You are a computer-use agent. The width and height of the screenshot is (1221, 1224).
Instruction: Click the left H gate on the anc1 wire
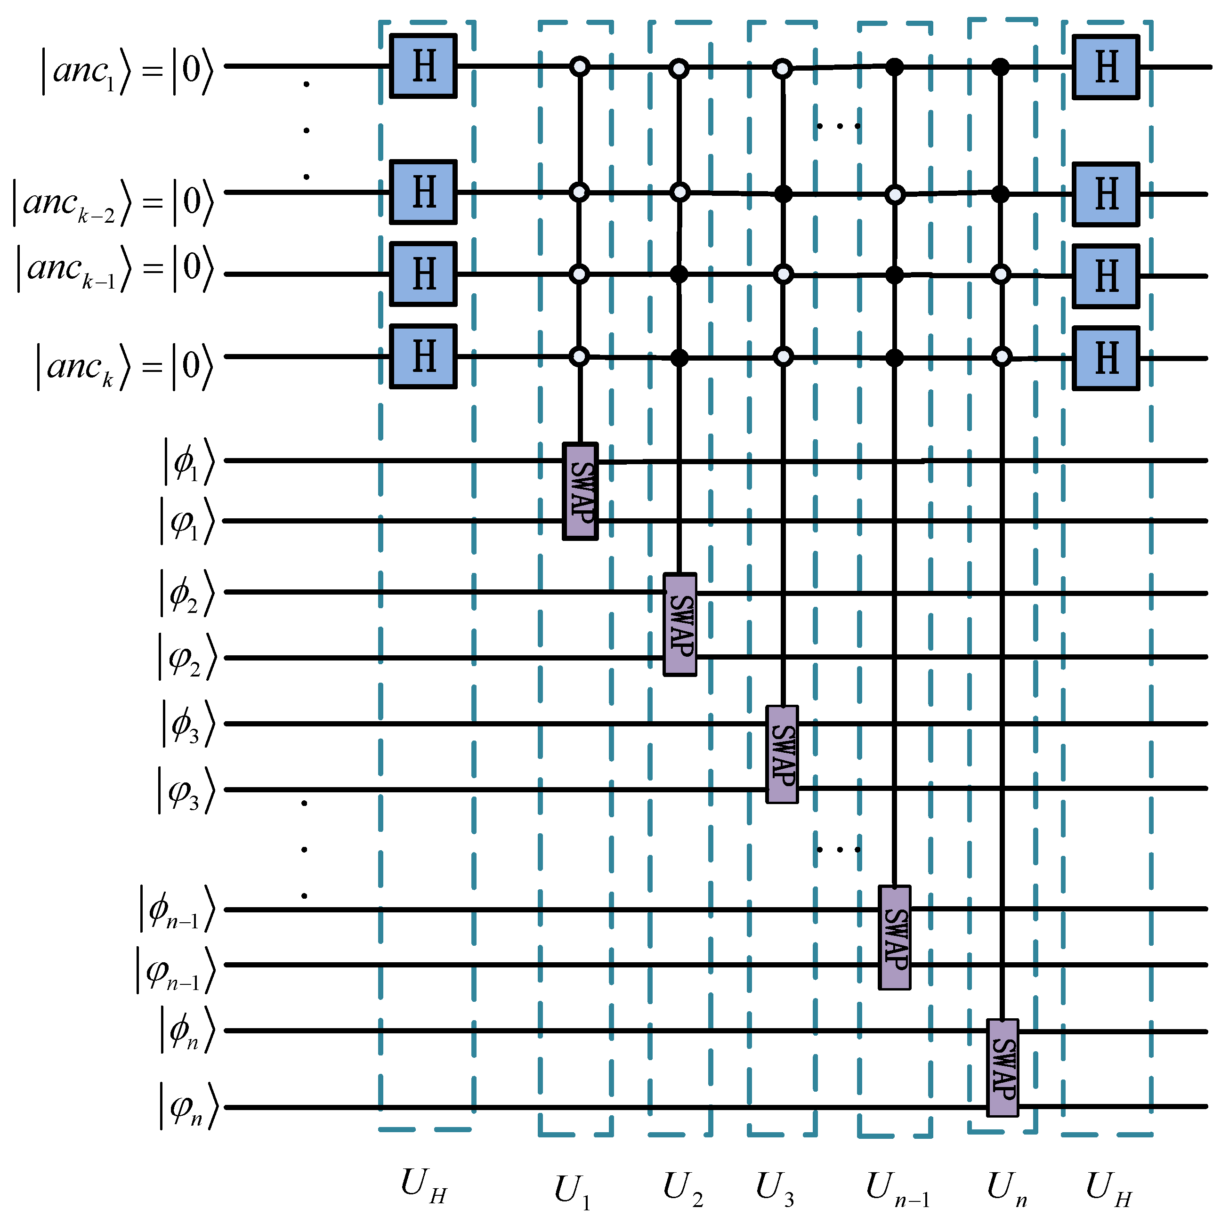423,66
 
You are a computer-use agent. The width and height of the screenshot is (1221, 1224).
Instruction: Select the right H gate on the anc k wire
1105,358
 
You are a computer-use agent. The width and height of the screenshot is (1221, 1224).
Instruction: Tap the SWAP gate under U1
580,491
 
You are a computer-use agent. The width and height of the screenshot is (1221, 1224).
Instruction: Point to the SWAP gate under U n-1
894,937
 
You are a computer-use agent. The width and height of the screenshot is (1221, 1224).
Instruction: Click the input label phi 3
187,724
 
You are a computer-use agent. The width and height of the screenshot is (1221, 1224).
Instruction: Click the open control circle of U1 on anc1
579,66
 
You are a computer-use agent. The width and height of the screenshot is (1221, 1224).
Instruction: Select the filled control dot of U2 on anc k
679,358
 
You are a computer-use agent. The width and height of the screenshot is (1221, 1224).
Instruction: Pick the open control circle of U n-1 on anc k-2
894,194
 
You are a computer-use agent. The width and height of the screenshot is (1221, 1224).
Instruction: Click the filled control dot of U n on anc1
1000,66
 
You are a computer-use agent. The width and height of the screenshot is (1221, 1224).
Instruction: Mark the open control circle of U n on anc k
1002,358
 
